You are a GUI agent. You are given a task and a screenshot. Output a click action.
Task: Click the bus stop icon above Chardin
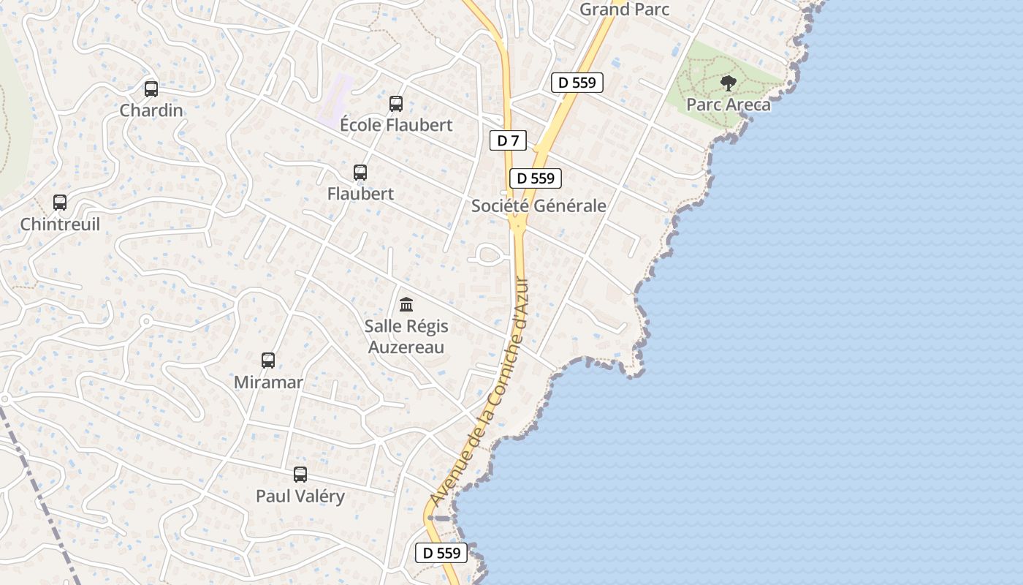pos(151,89)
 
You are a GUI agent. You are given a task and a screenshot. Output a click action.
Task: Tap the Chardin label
pos(151,110)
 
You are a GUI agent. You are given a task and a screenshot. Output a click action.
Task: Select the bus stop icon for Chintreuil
pos(60,203)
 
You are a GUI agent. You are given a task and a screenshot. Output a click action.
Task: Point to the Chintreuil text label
pos(60,224)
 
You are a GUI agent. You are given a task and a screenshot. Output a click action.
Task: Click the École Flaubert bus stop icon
pos(396,104)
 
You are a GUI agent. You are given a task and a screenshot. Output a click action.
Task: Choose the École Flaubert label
pos(396,125)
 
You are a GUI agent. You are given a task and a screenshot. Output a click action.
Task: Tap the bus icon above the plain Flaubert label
pos(360,173)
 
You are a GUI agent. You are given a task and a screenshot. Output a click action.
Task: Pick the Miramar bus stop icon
pos(268,361)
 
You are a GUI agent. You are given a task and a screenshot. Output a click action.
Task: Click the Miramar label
pos(268,382)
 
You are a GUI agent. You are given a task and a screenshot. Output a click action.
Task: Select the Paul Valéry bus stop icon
pos(300,475)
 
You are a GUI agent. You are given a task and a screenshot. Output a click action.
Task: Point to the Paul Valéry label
pos(300,496)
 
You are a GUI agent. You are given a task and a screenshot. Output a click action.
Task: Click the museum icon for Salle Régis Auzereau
pos(406,304)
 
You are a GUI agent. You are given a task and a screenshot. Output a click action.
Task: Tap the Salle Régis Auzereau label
pos(406,336)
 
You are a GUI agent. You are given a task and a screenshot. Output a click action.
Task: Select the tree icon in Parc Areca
pos(729,83)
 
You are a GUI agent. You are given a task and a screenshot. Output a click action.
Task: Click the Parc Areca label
pos(729,105)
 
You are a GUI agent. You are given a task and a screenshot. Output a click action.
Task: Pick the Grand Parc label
pos(624,10)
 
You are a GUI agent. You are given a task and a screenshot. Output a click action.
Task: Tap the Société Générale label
pos(539,205)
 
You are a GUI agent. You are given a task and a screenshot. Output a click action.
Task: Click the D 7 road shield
pos(508,140)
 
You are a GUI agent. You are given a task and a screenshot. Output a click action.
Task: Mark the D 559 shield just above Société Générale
pos(536,178)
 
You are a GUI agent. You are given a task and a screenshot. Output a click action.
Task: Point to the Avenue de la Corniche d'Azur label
pos(480,392)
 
